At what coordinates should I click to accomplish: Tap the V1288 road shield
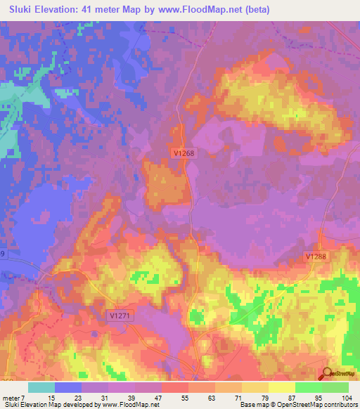[316, 257]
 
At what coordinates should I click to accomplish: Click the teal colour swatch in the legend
[41, 387]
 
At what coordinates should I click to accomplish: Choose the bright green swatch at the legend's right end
[335, 387]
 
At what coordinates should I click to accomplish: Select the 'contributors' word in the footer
[339, 405]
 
